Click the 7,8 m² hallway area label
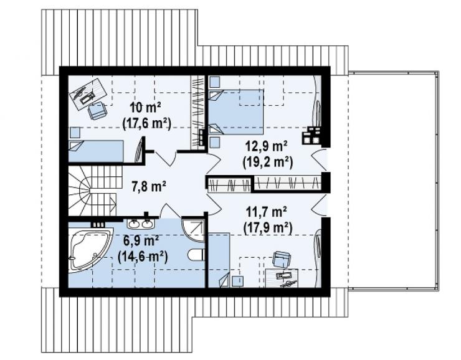click(148, 186)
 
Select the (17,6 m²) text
click(146, 124)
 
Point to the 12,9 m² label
click(267, 146)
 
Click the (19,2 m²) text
click(267, 162)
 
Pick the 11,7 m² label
click(267, 212)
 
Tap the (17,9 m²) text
click(267, 228)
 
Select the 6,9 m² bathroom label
click(141, 241)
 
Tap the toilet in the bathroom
click(196, 255)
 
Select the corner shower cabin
click(193, 230)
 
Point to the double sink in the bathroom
click(140, 224)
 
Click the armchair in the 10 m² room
click(97, 110)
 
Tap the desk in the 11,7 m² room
click(282, 278)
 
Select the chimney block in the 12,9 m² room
click(311, 135)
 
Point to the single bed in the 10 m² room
click(96, 151)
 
